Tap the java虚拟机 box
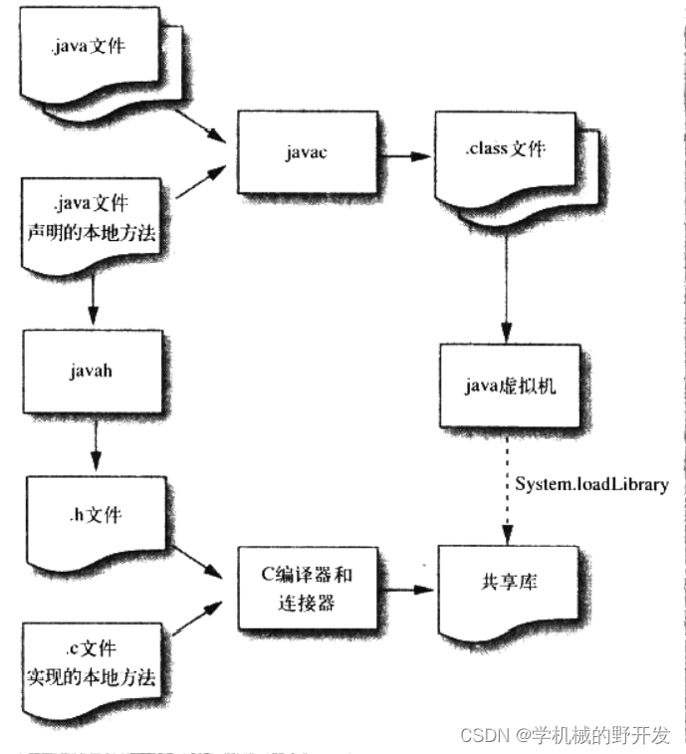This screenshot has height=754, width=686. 507,384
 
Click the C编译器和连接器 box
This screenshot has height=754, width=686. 306,589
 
